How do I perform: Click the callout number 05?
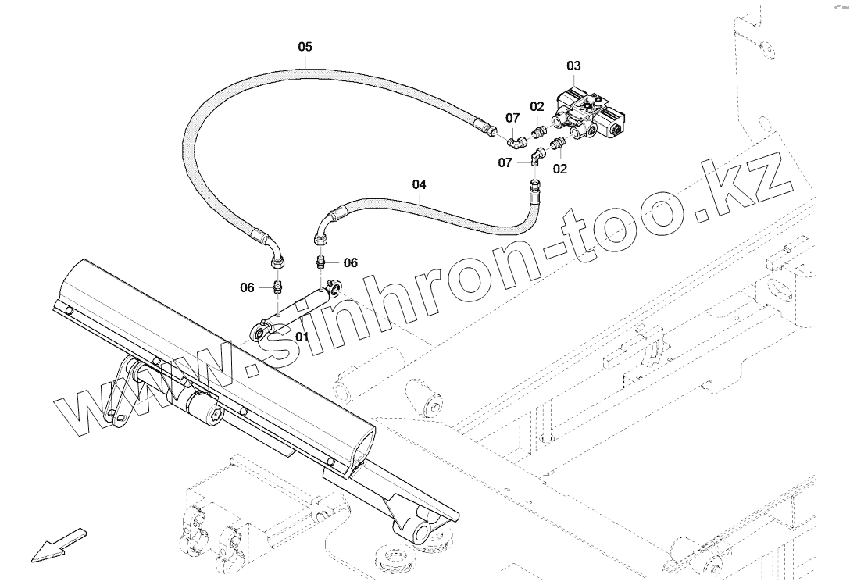click(305, 47)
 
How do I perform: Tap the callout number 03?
click(573, 66)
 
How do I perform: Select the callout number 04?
click(420, 185)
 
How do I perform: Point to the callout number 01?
click(302, 337)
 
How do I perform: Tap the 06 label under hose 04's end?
click(350, 263)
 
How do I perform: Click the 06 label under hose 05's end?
click(247, 288)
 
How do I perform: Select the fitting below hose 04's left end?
click(321, 261)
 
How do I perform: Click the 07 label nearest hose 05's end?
click(512, 118)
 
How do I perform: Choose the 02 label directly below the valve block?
click(559, 168)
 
